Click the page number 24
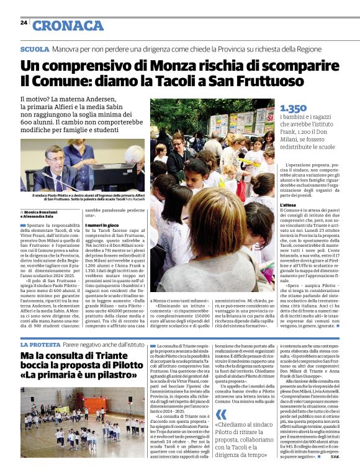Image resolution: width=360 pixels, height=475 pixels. [24, 22]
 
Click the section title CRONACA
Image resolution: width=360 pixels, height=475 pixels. [68, 25]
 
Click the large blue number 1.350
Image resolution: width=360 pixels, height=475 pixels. [294, 109]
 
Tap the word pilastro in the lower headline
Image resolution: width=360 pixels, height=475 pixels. [122, 375]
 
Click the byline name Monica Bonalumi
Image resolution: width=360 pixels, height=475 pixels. [46, 212]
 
